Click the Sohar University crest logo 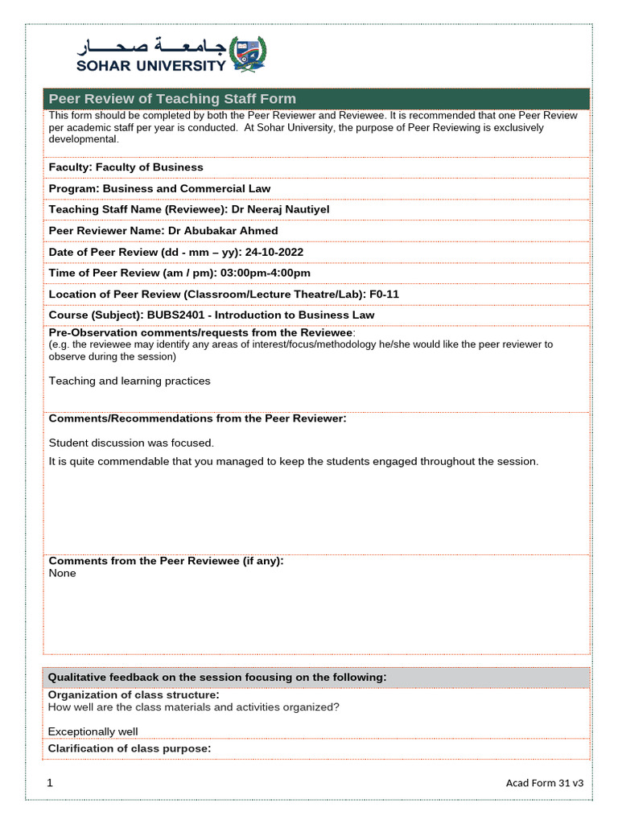point(248,53)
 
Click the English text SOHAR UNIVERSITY point(152,66)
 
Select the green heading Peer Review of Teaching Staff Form point(172,99)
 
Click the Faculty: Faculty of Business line point(126,167)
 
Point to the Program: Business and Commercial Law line point(159,188)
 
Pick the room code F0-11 point(385,295)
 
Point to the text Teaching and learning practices point(130,381)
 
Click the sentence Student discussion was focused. point(132,443)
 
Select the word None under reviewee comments point(63,574)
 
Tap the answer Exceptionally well point(93,732)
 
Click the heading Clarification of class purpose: point(130,749)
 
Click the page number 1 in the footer point(50,783)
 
